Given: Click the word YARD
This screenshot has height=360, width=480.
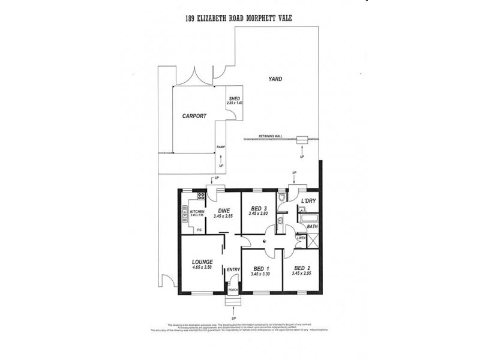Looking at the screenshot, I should [276, 79].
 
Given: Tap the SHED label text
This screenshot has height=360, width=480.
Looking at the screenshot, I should [235, 98].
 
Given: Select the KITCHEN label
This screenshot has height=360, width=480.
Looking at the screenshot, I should [197, 211].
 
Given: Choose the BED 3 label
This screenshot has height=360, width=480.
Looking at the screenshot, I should [259, 208].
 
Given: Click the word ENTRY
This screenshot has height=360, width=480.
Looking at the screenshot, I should [233, 270].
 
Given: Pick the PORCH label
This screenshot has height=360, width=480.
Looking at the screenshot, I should [233, 290].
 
